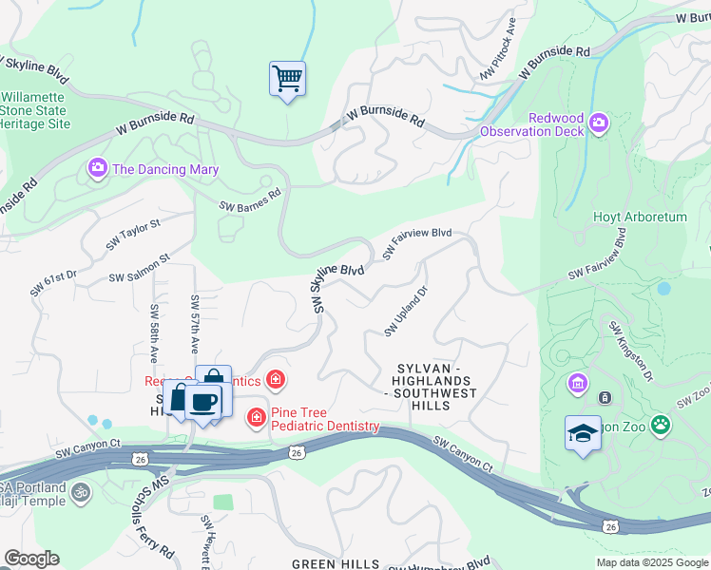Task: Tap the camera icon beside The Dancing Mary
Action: (x=98, y=168)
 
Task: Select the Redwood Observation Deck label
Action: (x=530, y=123)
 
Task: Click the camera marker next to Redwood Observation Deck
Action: (x=599, y=122)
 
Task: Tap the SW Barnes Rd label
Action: (x=250, y=199)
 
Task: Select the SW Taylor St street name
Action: (x=134, y=234)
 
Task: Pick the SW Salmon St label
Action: (x=139, y=269)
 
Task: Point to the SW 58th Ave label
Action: (x=153, y=333)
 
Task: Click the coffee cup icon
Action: (x=202, y=401)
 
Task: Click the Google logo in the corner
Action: (x=31, y=559)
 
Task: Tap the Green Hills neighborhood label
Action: (x=336, y=563)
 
